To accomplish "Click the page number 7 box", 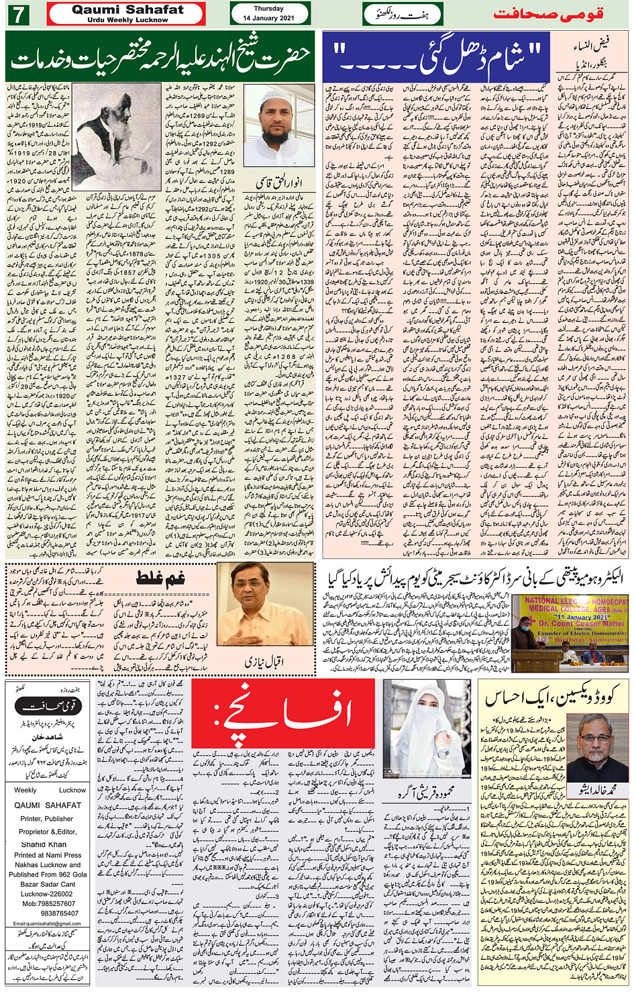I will pos(18,14).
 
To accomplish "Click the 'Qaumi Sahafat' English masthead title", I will pos(127,10).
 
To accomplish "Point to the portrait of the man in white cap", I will pos(278,126).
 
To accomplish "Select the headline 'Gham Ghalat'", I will pos(160,577).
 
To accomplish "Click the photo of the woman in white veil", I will pos(427,728).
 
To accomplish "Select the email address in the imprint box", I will pos(47,924).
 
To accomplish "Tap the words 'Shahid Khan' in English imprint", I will pos(44,844).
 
